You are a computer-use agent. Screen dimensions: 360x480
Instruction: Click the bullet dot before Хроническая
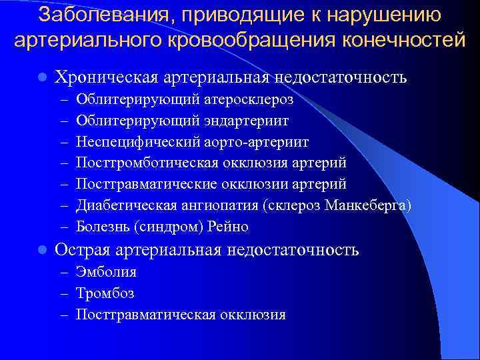pos(41,77)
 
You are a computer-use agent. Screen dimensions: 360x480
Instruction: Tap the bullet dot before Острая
pos(41,250)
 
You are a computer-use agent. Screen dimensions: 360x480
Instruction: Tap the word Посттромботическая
pos(143,163)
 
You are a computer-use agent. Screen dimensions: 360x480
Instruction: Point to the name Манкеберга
pos(365,205)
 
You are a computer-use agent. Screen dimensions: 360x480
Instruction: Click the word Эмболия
pos(106,272)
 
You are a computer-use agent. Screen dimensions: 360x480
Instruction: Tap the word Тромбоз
pos(105,293)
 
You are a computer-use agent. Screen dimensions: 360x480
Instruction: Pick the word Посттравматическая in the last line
pos(143,315)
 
